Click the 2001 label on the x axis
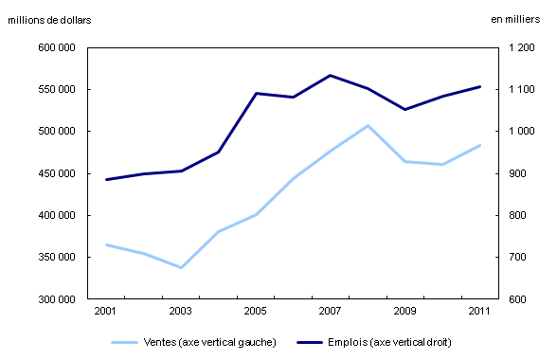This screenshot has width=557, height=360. (x=106, y=311)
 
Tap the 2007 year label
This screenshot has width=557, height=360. (x=330, y=311)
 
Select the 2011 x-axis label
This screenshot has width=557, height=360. (x=479, y=311)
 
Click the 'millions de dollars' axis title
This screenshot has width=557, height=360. (x=50, y=21)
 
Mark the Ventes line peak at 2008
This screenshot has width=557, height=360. (x=368, y=125)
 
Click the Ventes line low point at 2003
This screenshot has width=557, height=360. (x=181, y=268)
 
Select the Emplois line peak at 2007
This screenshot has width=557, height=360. (x=330, y=75)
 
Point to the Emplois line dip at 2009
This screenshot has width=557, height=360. (x=404, y=110)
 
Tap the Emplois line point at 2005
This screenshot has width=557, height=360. (x=256, y=93)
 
